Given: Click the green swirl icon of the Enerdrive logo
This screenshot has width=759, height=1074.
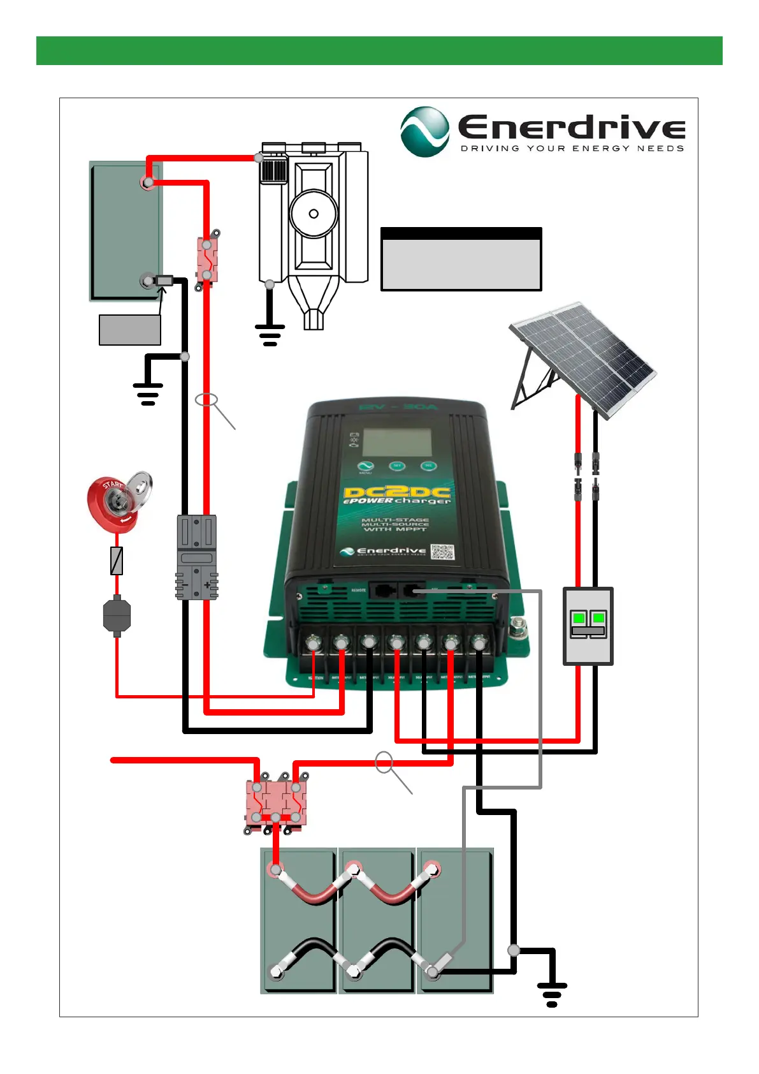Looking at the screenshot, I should [424, 131].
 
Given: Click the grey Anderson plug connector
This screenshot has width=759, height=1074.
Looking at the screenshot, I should [196, 557].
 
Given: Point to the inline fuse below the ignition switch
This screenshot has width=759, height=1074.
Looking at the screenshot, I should [117, 561].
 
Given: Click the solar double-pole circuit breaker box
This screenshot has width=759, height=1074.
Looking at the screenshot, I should [588, 626].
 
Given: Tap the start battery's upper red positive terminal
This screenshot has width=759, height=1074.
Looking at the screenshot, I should [148, 183].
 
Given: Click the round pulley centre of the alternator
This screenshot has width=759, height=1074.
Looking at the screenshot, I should [314, 214].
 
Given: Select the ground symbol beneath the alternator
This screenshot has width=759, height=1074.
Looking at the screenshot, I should [270, 334].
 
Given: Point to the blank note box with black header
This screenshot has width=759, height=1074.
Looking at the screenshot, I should [461, 259].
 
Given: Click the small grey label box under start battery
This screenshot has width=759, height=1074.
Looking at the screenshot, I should [130, 330].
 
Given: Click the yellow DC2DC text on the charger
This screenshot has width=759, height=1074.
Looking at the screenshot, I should [396, 492].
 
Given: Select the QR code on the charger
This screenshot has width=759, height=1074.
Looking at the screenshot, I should [442, 552].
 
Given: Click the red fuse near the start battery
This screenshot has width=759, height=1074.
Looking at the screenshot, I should [207, 260].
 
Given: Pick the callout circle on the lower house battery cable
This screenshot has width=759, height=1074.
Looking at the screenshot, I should [384, 761].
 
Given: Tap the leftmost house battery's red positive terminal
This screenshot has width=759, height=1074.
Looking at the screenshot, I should [276, 869].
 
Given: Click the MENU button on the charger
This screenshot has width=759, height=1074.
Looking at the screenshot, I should [365, 467].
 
